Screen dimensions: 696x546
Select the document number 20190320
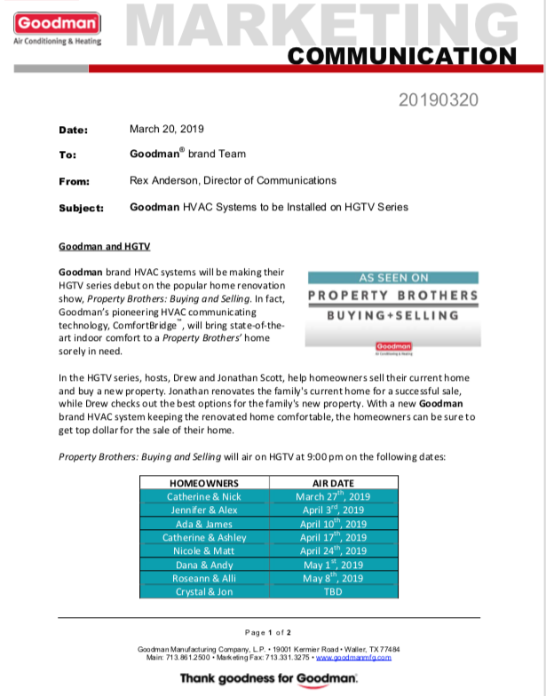[439, 99]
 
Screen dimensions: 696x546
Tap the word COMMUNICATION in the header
[403, 56]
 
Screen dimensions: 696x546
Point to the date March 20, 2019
[167, 129]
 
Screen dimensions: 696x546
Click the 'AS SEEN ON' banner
[392, 277]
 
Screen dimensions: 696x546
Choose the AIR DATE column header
[333, 482]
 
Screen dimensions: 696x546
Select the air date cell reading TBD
[333, 591]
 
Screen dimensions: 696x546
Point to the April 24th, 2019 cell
[333, 550]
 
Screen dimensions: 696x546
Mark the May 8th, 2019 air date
[333, 577]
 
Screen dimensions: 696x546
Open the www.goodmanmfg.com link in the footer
[353, 657]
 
